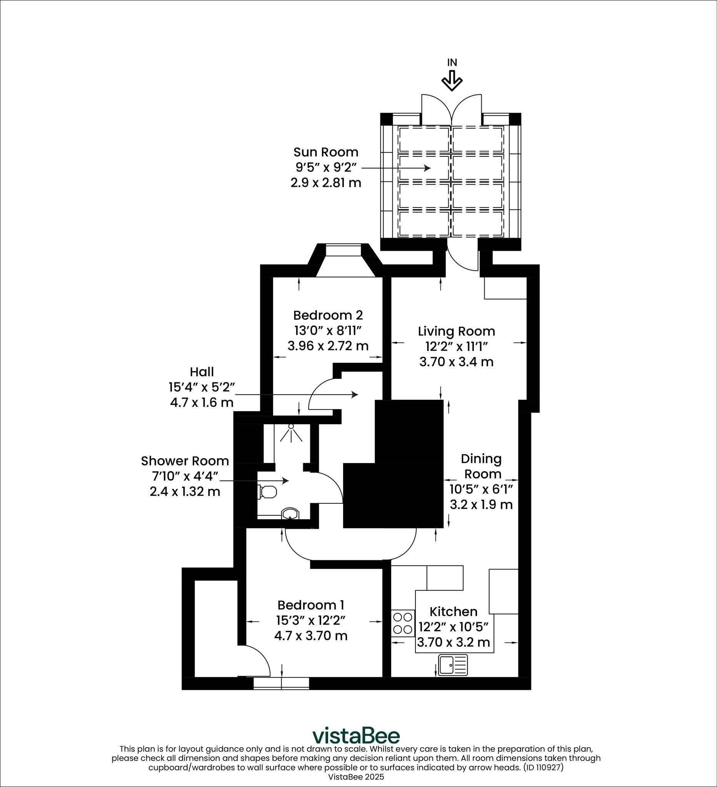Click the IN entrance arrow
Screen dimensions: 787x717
click(452, 81)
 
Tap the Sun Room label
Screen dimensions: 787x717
click(326, 152)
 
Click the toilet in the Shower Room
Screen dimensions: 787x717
click(267, 492)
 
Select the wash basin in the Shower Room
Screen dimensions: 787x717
click(290, 514)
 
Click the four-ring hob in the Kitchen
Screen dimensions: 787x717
click(403, 623)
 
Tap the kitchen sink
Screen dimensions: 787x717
click(453, 665)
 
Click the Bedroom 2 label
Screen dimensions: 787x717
click(328, 315)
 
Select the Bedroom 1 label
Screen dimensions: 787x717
click(311, 605)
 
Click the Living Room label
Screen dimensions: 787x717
click(456, 331)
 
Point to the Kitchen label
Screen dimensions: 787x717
click(453, 611)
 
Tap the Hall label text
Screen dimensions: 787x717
click(202, 372)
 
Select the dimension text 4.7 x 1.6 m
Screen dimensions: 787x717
click(202, 402)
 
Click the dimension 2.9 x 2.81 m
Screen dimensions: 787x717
click(326, 183)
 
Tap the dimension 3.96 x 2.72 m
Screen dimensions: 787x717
click(328, 346)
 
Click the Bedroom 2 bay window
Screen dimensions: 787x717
click(344, 251)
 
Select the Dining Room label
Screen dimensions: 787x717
click(482, 466)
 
